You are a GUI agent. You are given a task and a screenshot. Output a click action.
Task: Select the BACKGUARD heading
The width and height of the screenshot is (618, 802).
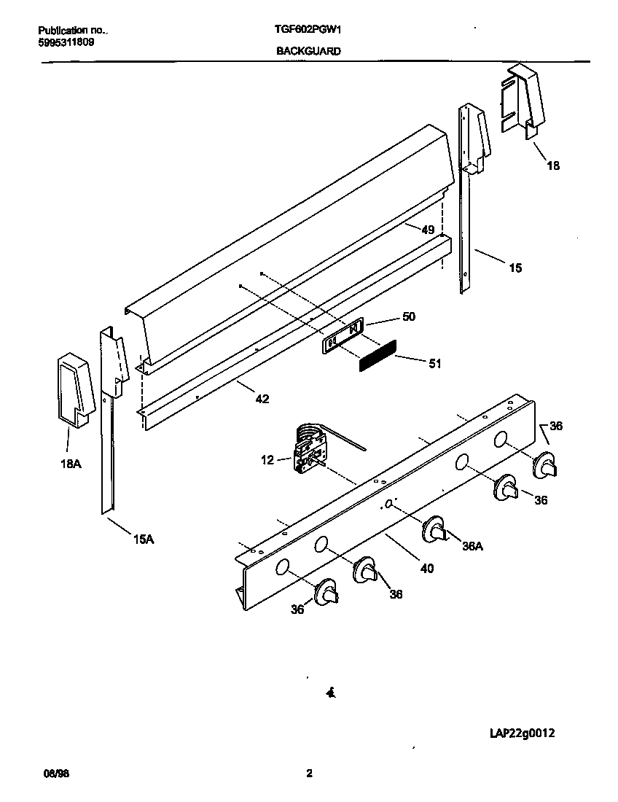tap(308, 51)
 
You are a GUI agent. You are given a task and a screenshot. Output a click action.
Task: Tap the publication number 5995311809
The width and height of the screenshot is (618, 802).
tap(66, 42)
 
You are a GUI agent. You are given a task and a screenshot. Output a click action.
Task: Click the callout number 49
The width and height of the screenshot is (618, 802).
tap(428, 230)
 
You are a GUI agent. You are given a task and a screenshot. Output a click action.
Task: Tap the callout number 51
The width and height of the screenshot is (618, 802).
tap(434, 362)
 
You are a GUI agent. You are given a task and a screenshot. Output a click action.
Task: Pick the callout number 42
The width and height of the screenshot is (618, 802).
tap(262, 398)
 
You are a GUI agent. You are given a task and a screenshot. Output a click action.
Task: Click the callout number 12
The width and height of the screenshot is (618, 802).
tap(267, 460)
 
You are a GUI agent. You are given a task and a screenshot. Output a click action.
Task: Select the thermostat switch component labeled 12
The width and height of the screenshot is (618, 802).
tap(308, 450)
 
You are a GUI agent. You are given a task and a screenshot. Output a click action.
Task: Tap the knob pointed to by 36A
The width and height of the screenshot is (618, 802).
tap(435, 529)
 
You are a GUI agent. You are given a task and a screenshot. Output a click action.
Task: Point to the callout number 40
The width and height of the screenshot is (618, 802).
tap(426, 568)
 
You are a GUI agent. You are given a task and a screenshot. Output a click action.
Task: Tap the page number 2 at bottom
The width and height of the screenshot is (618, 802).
tap(309, 774)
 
